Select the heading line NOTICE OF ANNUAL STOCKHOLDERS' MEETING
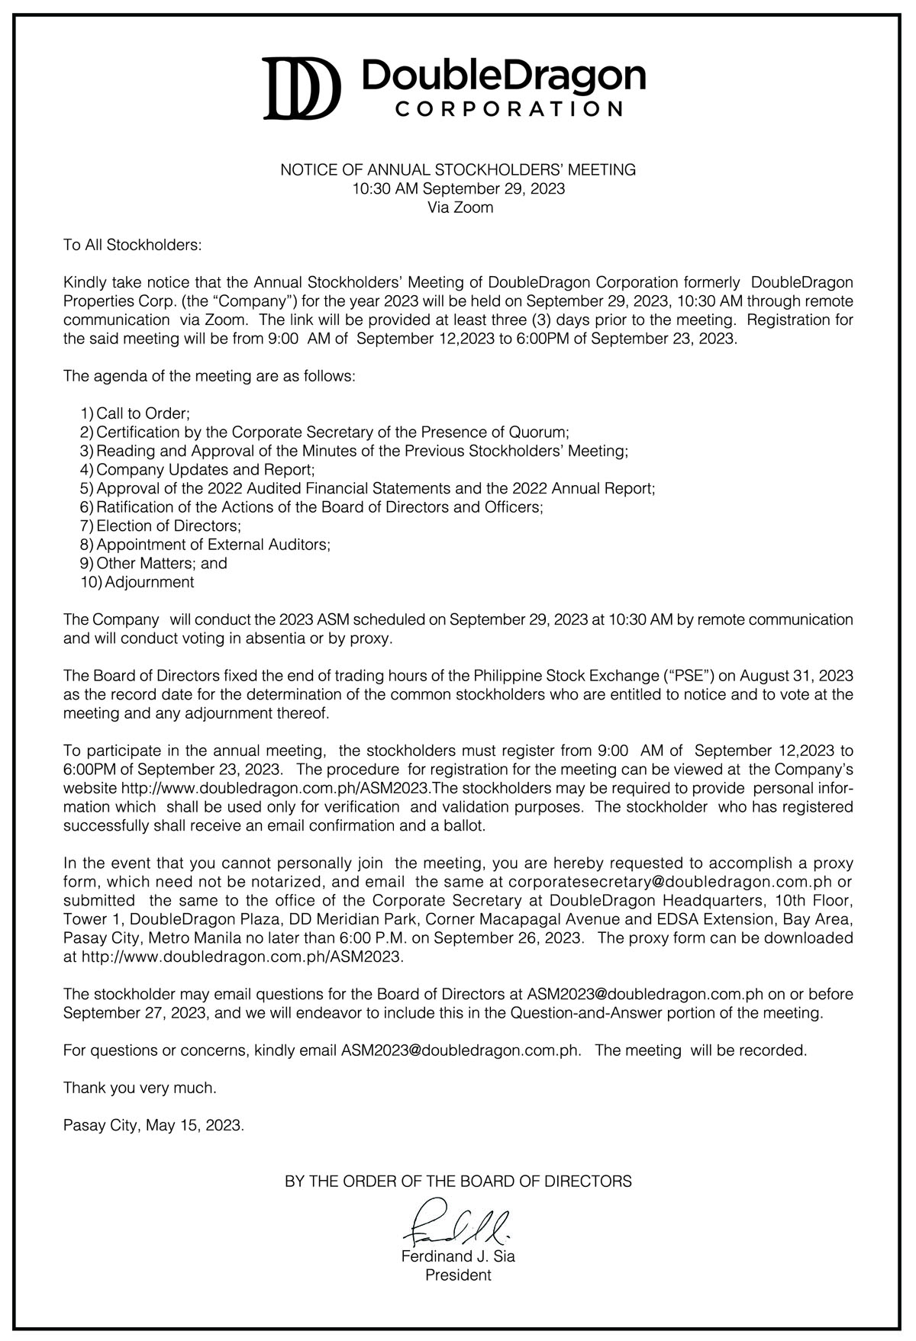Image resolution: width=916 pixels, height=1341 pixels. pos(458,170)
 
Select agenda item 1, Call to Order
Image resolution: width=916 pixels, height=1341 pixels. pos(143,413)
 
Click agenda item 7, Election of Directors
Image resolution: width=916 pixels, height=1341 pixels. pos(169,526)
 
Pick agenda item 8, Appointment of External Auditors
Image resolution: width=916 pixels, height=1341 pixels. pos(213,545)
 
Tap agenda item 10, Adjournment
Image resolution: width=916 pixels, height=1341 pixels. pos(149,582)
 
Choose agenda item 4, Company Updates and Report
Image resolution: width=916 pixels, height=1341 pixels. pos(205,469)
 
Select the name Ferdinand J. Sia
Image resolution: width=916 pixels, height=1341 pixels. pos(459,1256)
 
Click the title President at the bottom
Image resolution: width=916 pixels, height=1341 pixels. pos(459,1275)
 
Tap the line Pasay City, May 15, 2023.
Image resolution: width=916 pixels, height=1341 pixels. pos(153,1125)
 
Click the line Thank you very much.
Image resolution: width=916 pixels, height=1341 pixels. pos(140,1088)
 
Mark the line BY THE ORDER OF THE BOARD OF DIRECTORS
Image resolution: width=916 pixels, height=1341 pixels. pos(458,1182)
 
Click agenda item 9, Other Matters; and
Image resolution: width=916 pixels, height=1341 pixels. pos(162,563)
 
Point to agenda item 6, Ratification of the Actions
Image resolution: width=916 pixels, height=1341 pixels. pos(320,506)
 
